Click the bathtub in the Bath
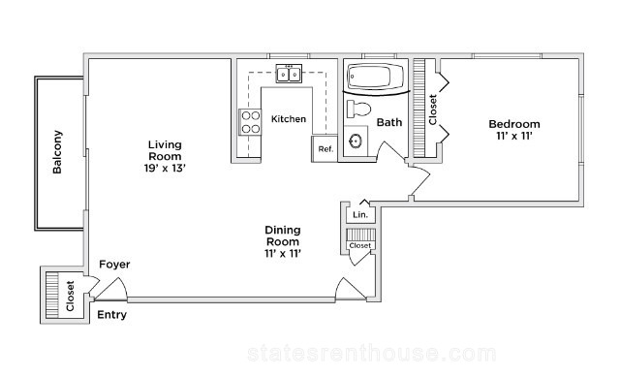pyautogui.click(x=375, y=76)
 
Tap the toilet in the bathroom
pyautogui.click(x=358, y=109)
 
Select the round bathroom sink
pyautogui.click(x=356, y=141)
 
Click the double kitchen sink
pyautogui.click(x=289, y=74)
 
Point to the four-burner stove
pyautogui.click(x=250, y=122)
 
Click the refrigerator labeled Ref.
pyautogui.click(x=325, y=148)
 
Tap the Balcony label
pyautogui.click(x=57, y=152)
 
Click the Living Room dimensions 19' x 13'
pyautogui.click(x=165, y=168)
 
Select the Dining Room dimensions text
pyautogui.click(x=283, y=253)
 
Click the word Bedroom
pyautogui.click(x=514, y=124)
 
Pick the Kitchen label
pyautogui.click(x=289, y=118)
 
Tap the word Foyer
pyautogui.click(x=114, y=265)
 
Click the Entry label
pyautogui.click(x=112, y=315)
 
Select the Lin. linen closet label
pyautogui.click(x=360, y=215)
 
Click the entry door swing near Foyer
pyautogui.click(x=111, y=289)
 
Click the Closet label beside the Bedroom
pyautogui.click(x=433, y=110)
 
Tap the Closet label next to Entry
pyautogui.click(x=71, y=296)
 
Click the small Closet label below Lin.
pyautogui.click(x=360, y=245)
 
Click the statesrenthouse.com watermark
pyautogui.click(x=372, y=354)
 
